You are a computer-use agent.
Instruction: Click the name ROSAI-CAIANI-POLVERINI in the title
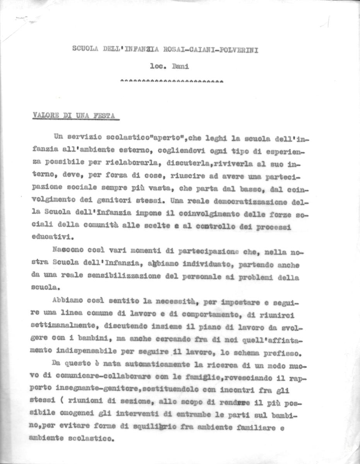tap(216, 49)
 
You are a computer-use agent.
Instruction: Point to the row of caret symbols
tap(172, 82)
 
